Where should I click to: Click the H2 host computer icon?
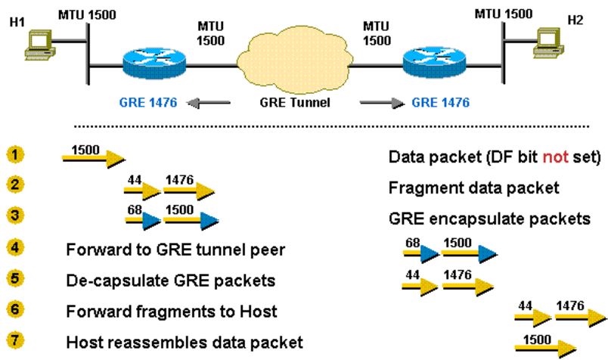point(550,42)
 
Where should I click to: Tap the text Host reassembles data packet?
point(185,342)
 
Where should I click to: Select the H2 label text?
point(576,17)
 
